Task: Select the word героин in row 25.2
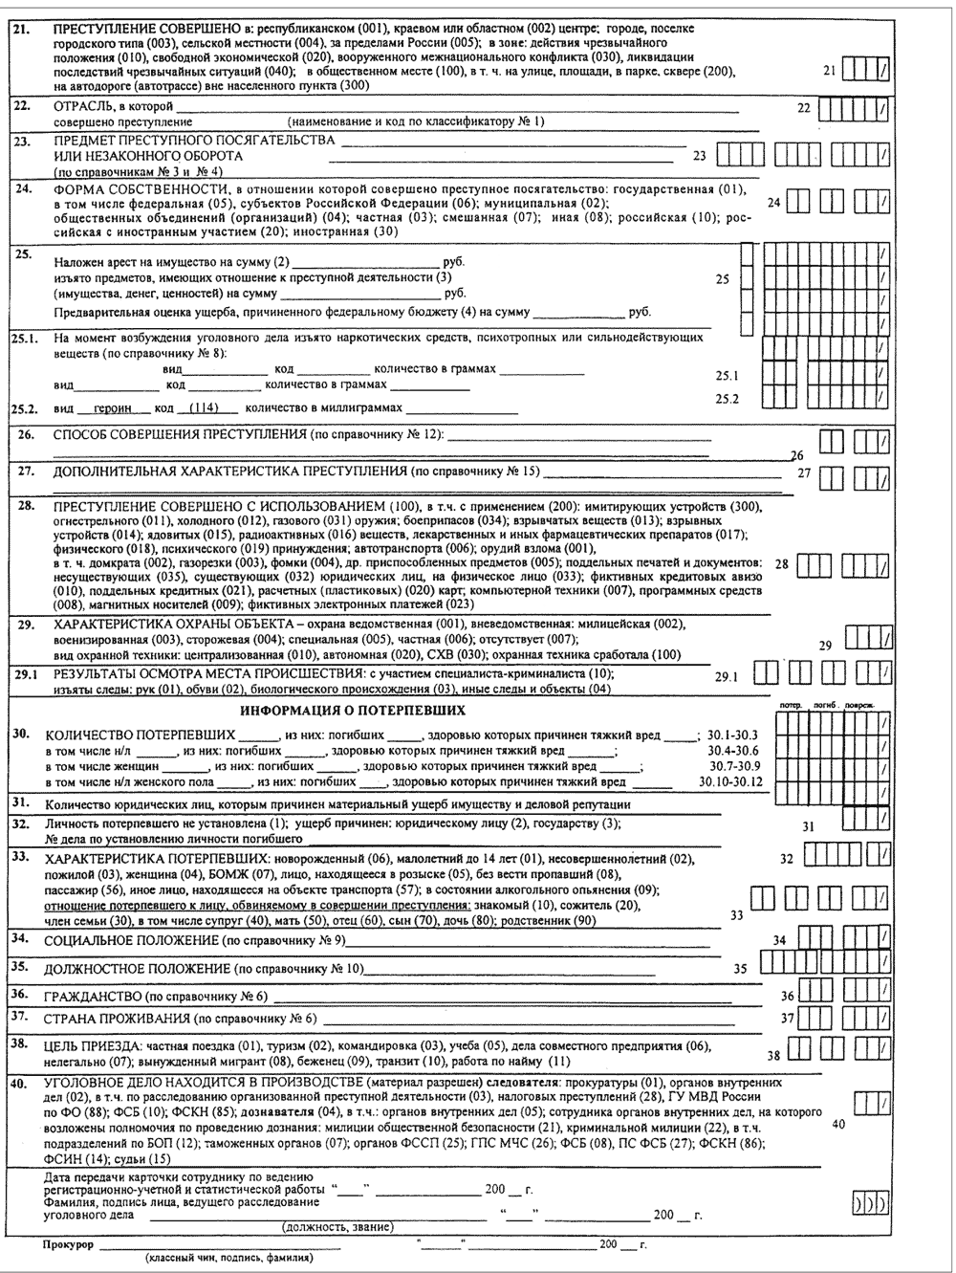113,407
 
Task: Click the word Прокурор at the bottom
69,1244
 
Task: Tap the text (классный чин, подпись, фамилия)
230,1259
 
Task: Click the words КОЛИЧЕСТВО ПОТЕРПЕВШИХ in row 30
140,735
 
